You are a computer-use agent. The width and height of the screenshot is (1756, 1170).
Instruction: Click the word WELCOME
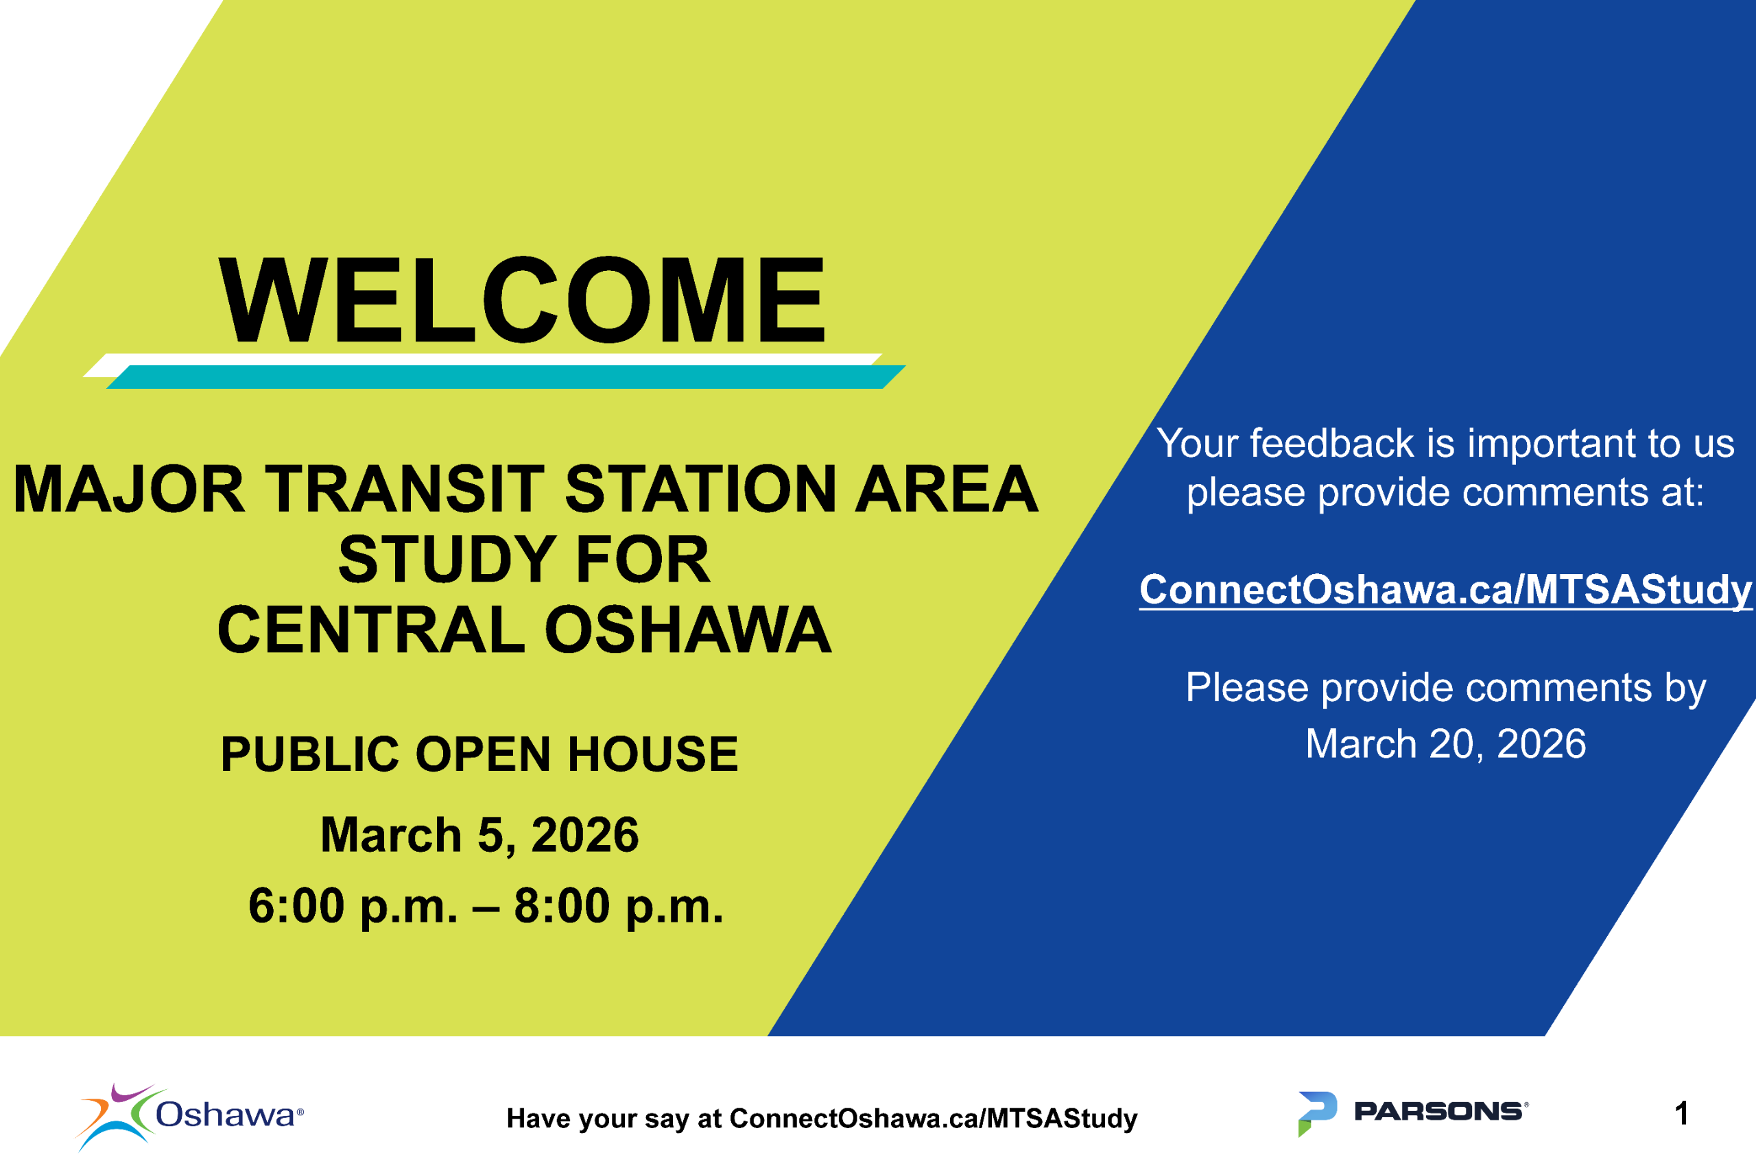[x=521, y=299]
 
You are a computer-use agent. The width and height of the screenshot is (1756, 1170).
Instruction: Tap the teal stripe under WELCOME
[x=506, y=377]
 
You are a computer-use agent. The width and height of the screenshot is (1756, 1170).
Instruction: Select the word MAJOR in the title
[x=129, y=490]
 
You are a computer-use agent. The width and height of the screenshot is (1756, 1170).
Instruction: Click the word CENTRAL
[x=372, y=630]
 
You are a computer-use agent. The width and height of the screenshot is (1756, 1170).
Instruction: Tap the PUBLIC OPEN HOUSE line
[x=479, y=754]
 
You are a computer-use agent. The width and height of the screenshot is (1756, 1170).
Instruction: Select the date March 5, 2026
[x=479, y=835]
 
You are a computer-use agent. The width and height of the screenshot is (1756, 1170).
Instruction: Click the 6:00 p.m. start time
[x=353, y=907]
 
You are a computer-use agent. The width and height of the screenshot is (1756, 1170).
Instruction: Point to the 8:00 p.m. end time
[x=619, y=907]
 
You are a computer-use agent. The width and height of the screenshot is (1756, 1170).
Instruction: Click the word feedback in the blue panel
[x=1332, y=443]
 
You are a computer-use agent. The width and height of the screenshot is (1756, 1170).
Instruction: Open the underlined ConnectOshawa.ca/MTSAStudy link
[x=1445, y=590]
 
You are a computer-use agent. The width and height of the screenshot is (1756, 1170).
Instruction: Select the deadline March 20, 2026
[x=1445, y=744]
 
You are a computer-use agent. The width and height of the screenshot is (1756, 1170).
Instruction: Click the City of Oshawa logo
[x=189, y=1117]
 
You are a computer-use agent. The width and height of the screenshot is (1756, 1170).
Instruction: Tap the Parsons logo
[x=1413, y=1113]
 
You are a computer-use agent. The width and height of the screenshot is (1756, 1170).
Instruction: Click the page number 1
[x=1681, y=1114]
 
